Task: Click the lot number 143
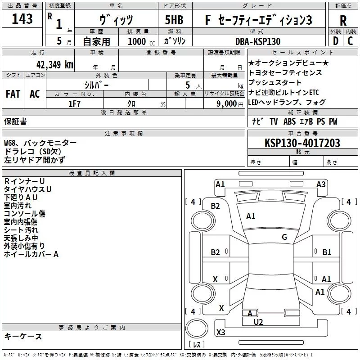pyautogui.click(x=22, y=18)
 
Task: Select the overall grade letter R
pyautogui.click(x=343, y=21)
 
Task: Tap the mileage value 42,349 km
pyautogui.click(x=54, y=65)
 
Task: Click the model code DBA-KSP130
pyautogui.click(x=258, y=41)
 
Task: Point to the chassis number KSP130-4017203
pyautogui.click(x=302, y=143)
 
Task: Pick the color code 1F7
pyautogui.click(x=74, y=104)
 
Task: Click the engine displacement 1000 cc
pyautogui.click(x=141, y=41)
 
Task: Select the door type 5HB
pyautogui.click(x=174, y=20)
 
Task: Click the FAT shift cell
pyautogui.click(x=13, y=94)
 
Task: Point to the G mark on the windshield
pyautogui.click(x=284, y=237)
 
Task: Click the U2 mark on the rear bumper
pyautogui.click(x=258, y=322)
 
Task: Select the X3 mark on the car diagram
pyautogui.click(x=220, y=332)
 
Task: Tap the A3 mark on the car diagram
pyautogui.click(x=321, y=184)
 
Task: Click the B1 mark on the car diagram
pyautogui.click(x=327, y=252)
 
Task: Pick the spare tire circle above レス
pyautogui.click(x=197, y=328)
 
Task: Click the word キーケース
pyautogui.click(x=23, y=337)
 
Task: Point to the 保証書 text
pyautogui.click(x=15, y=121)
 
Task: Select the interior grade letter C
pyautogui.click(x=350, y=41)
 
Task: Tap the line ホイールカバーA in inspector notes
pyautogui.click(x=31, y=254)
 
